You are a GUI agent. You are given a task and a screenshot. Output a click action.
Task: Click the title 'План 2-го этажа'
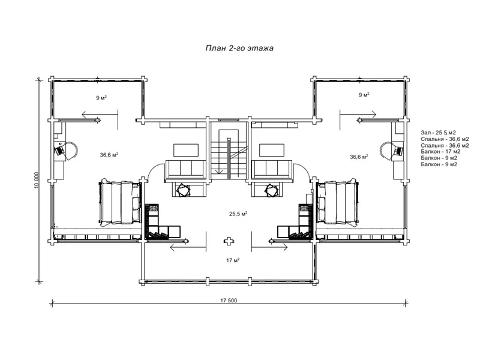(x=239, y=48)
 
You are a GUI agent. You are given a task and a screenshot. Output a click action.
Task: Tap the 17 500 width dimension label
(x=229, y=301)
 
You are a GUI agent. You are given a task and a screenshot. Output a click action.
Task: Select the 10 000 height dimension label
(x=37, y=180)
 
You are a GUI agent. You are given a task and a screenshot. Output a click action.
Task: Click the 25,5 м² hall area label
(x=238, y=214)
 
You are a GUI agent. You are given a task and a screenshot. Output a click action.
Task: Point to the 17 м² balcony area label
(x=233, y=260)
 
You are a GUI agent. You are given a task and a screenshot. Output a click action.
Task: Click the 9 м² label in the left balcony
(x=101, y=98)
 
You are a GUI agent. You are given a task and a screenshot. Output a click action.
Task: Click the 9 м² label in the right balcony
(x=364, y=95)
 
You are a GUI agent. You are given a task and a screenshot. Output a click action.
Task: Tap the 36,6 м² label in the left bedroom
(x=109, y=155)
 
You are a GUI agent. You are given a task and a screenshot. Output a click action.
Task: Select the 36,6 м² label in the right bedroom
(x=359, y=157)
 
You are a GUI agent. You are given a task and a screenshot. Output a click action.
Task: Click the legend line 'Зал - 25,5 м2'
(x=438, y=133)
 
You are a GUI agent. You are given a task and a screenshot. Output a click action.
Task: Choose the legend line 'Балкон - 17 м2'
(x=440, y=152)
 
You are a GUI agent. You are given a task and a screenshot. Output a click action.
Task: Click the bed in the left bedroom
(x=119, y=203)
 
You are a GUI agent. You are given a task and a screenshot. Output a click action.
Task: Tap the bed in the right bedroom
(x=337, y=203)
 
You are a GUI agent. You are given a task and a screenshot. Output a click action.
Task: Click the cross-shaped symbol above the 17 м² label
(x=229, y=241)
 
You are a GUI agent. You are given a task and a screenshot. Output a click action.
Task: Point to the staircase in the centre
(x=229, y=153)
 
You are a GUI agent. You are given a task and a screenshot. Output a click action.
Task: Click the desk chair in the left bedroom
(x=59, y=151)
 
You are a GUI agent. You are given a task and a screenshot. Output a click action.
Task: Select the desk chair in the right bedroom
(x=398, y=151)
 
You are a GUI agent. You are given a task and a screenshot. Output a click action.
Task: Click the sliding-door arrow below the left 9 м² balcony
(x=100, y=115)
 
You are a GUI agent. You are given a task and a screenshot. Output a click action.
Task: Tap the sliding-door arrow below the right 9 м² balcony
(x=358, y=115)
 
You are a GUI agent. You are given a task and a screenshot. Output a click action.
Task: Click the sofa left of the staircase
(x=185, y=169)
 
